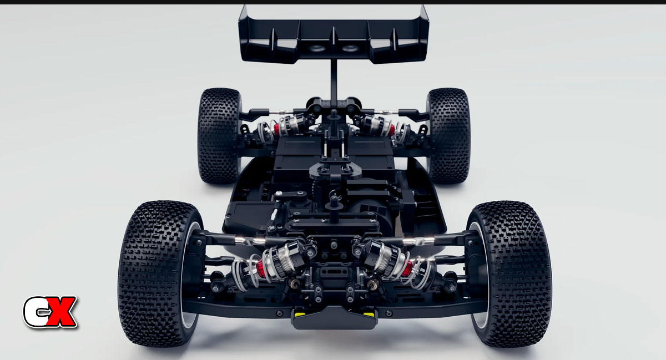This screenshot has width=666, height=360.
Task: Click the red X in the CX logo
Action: pos(61,312)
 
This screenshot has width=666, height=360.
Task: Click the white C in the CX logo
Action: pos(36,312)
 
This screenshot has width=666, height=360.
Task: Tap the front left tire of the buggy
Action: pos(159,273)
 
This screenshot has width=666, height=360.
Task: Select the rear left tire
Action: pos(219,135)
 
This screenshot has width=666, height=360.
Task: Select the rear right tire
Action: pos(448,135)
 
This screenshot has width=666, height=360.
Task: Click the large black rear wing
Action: pos(334,36)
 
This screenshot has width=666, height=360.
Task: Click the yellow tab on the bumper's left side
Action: pos(298,313)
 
